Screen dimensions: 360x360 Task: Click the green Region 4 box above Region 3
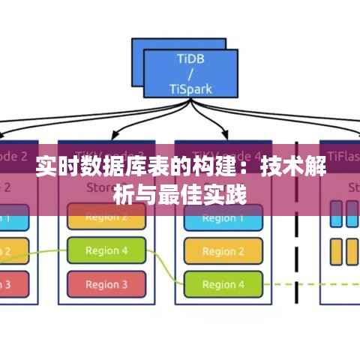point(106,250)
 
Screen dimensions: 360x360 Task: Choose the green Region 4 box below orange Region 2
point(223,284)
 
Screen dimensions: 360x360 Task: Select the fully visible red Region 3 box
point(106,284)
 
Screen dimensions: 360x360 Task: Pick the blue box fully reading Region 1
point(223,218)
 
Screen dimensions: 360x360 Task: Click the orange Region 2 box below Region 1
point(223,251)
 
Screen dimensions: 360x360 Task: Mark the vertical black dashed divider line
point(297,225)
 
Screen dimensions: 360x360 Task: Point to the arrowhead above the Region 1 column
point(223,135)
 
